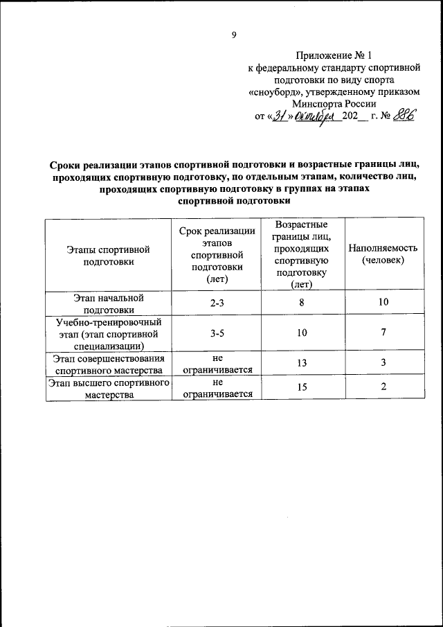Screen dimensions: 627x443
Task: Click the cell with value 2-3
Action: click(217, 303)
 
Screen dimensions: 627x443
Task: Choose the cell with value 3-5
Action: click(217, 333)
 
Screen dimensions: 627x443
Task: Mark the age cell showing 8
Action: click(301, 302)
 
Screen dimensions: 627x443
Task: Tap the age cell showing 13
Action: click(301, 364)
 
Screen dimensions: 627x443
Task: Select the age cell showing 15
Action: click(301, 388)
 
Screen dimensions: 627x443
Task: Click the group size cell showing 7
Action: click(383, 333)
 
